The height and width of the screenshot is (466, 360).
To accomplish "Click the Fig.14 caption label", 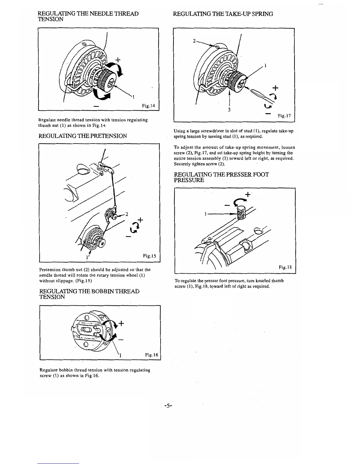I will coord(149,106).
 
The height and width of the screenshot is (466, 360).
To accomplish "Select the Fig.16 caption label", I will coord(151,355).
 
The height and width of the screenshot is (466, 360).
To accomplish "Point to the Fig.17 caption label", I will coord(284,116).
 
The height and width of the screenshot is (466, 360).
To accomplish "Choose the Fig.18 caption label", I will coord(285,267).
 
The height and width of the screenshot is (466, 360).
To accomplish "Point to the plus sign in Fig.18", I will coord(248,194).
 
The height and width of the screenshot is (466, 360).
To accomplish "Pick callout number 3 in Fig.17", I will coord(229,110).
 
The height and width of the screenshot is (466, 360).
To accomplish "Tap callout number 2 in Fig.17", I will coord(194,41).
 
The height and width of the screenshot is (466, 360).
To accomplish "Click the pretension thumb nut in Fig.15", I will coord(111,213).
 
